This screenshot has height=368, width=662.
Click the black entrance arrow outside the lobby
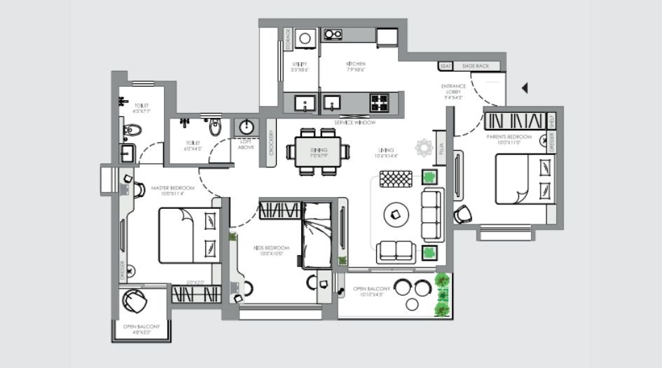[x=525, y=88]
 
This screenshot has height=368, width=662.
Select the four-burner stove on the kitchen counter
[x=379, y=104]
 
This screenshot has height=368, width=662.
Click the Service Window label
[x=354, y=123]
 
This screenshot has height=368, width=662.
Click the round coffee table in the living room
[x=395, y=212]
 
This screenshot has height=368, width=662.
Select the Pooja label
[x=440, y=149]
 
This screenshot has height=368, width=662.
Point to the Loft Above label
[x=246, y=144]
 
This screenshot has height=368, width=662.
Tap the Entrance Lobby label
[x=455, y=91]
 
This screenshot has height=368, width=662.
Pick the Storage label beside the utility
[x=287, y=41]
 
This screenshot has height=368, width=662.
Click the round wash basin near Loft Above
[x=246, y=127]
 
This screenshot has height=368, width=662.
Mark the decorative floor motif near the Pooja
[x=423, y=148]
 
